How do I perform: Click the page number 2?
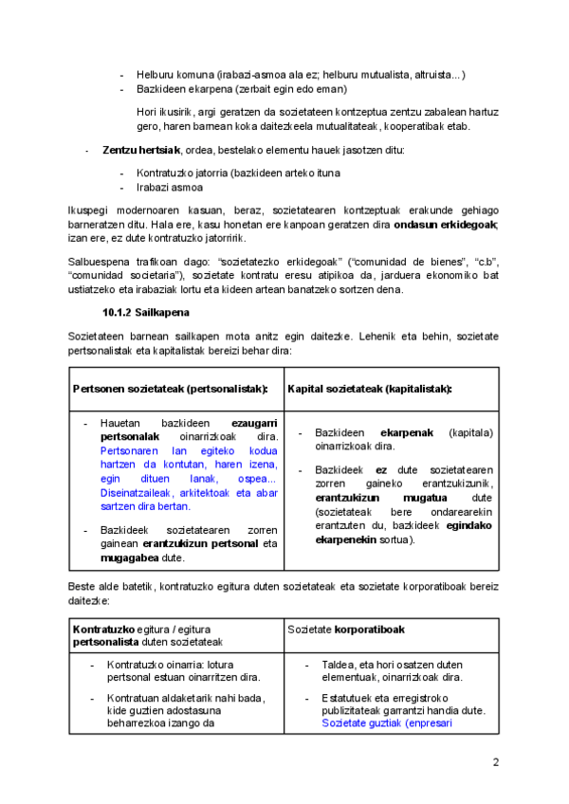[x=495, y=763]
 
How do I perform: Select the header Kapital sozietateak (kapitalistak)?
[x=357, y=389]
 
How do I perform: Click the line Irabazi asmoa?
[x=170, y=187]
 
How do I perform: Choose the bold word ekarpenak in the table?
[x=407, y=432]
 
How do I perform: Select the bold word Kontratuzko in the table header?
[x=104, y=630]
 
